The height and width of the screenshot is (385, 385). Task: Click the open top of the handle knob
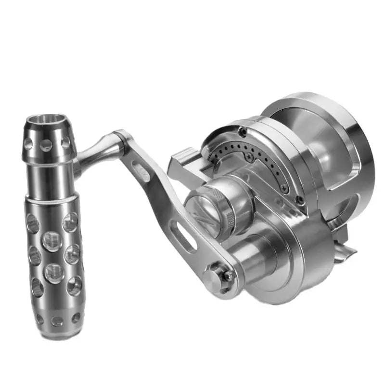[47, 120]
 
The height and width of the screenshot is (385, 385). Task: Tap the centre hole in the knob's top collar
[46, 145]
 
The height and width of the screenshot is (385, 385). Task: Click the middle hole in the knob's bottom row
[57, 321]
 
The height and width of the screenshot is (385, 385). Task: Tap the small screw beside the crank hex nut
[227, 276]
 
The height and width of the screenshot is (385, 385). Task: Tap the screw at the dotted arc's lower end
[284, 189]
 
